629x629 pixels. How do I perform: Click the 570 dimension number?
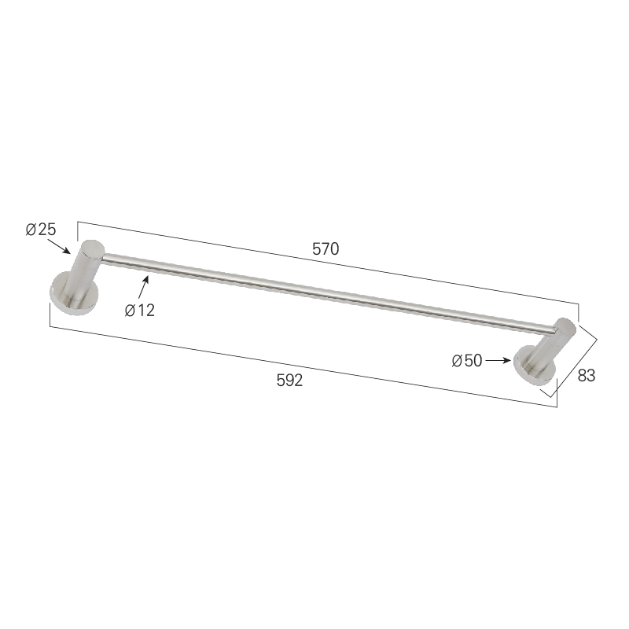326,249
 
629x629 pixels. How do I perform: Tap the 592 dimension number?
289,381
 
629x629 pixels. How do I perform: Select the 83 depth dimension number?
586,376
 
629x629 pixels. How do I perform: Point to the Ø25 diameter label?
41,230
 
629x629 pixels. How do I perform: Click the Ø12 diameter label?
140,311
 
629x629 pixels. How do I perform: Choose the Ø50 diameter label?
466,361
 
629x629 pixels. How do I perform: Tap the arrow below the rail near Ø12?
144,288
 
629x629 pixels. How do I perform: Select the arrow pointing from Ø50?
498,361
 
